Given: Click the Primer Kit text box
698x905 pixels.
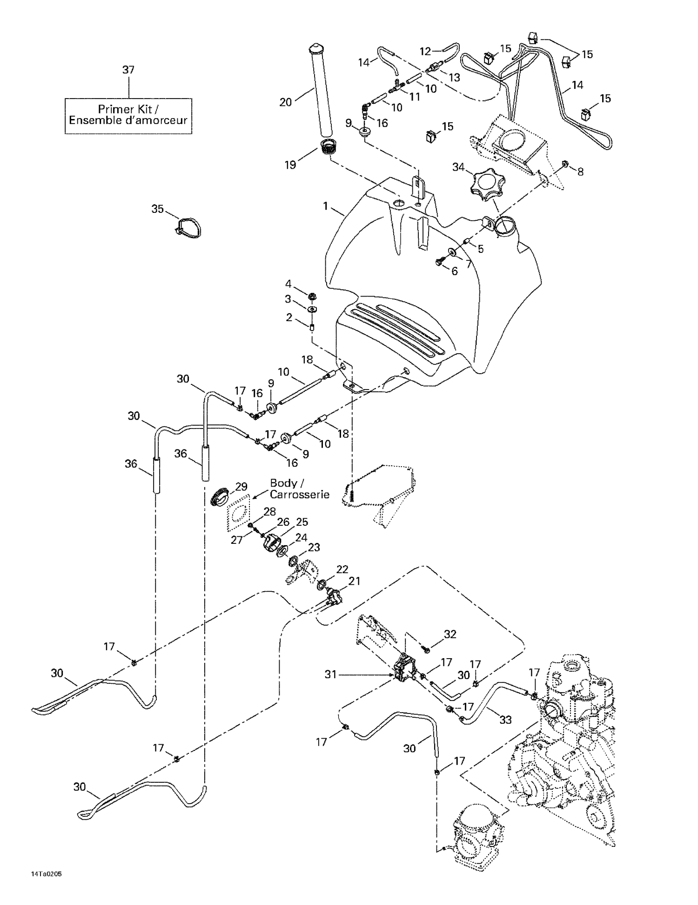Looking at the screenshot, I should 128,115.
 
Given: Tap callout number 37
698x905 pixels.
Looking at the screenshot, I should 128,70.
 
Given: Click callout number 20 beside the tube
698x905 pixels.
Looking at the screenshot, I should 285,102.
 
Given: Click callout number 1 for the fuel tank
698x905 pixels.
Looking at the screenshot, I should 326,205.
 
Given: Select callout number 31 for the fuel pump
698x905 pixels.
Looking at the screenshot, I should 330,674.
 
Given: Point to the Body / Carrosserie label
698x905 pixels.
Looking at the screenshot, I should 300,489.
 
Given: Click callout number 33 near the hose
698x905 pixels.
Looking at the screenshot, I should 505,720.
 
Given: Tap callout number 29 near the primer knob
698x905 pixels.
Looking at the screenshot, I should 241,487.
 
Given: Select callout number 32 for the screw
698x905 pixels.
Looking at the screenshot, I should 450,634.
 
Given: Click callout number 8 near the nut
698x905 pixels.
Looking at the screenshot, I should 580,172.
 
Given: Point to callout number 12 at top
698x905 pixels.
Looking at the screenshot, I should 425,52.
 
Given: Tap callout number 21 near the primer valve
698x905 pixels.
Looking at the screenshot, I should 354,581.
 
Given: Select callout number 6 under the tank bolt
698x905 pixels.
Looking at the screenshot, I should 455,271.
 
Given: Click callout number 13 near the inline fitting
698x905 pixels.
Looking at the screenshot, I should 454,77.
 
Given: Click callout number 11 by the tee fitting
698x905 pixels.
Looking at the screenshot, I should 414,96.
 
